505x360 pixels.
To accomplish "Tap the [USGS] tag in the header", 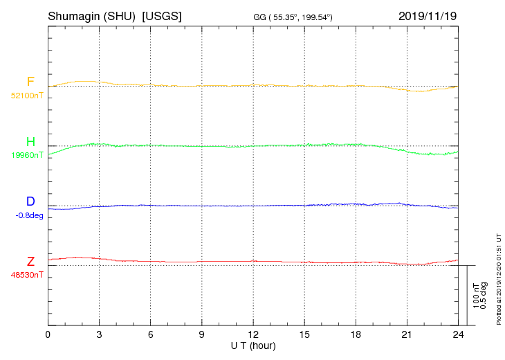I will tap(162, 16).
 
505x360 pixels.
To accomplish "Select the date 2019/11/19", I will tap(428, 16).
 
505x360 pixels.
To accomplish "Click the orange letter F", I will tap(30, 82).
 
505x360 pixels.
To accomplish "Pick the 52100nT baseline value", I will tap(27, 96).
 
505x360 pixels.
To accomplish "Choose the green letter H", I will tap(30, 142).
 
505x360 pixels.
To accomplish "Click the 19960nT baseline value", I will tap(27, 155).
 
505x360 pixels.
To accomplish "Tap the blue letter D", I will tap(30, 201).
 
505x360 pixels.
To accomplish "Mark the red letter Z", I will tap(30, 262).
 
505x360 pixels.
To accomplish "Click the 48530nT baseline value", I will tap(27, 275).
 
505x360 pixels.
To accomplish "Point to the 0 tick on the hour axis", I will tap(48, 334).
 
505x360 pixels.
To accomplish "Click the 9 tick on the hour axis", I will tap(201, 334).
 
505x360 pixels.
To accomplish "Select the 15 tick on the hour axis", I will tap(304, 334).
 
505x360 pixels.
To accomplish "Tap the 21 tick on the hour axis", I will tap(406, 334).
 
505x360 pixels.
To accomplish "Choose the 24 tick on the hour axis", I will tap(457, 334).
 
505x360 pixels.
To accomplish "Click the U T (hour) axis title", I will tap(252, 345).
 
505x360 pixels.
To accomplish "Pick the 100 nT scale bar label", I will tap(477, 296).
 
